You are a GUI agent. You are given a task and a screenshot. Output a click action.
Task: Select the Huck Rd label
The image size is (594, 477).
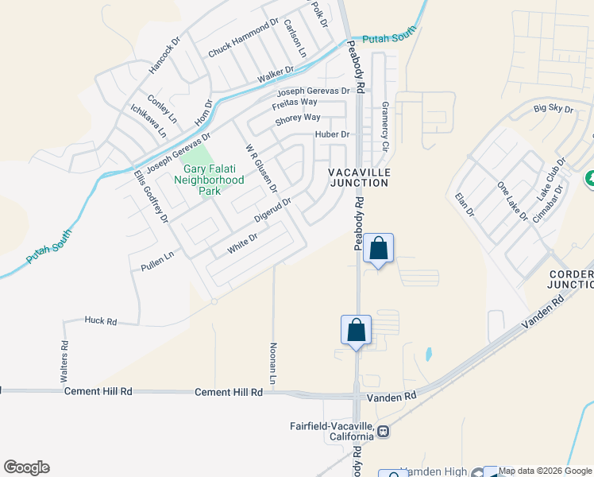[x=101, y=321]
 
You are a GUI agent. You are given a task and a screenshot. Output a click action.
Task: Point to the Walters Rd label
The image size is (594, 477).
[x=65, y=362]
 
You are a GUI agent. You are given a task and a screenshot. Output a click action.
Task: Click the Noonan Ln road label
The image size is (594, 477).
[x=272, y=364]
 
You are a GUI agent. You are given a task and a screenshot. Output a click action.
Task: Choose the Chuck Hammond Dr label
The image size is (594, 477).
[x=243, y=38]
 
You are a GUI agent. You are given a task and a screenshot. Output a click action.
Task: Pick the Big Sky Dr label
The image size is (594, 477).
[x=553, y=109]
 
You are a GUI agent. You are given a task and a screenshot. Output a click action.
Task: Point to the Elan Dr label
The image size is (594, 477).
[x=464, y=204]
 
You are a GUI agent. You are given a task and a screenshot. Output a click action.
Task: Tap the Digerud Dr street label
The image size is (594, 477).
[x=273, y=210]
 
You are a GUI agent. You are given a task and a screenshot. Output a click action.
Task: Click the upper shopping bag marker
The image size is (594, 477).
[x=379, y=248]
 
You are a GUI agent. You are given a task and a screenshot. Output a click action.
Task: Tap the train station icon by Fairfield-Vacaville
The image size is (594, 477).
[x=384, y=432]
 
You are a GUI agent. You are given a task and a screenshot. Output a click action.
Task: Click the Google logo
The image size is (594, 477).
[x=26, y=467]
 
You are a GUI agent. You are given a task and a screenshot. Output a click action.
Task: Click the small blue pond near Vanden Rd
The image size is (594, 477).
[x=429, y=352]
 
